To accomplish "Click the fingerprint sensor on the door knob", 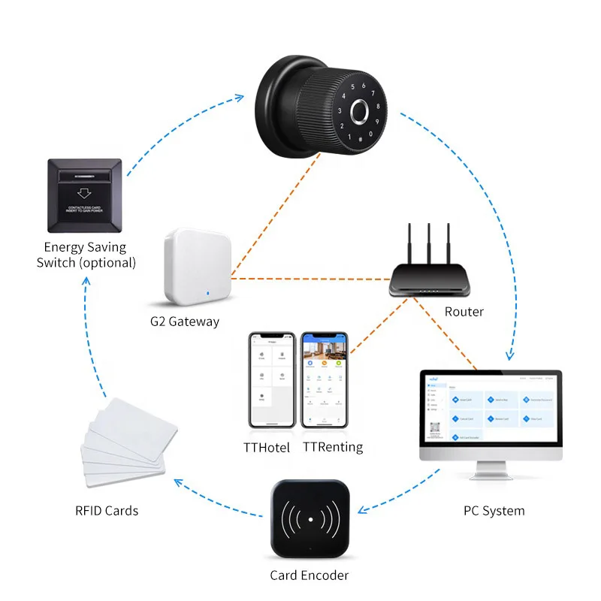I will click(x=360, y=113).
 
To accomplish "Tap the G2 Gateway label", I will click(x=184, y=322).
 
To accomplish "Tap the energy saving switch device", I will click(x=84, y=194).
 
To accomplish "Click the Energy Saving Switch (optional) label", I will click(x=86, y=255).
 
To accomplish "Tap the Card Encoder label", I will click(x=309, y=576).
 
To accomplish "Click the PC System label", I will click(x=494, y=511).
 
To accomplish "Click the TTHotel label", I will click(x=271, y=447).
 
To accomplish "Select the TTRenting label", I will click(x=333, y=447).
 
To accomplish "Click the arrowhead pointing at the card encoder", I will click(x=361, y=511).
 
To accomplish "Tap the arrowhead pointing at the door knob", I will click(x=240, y=96).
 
